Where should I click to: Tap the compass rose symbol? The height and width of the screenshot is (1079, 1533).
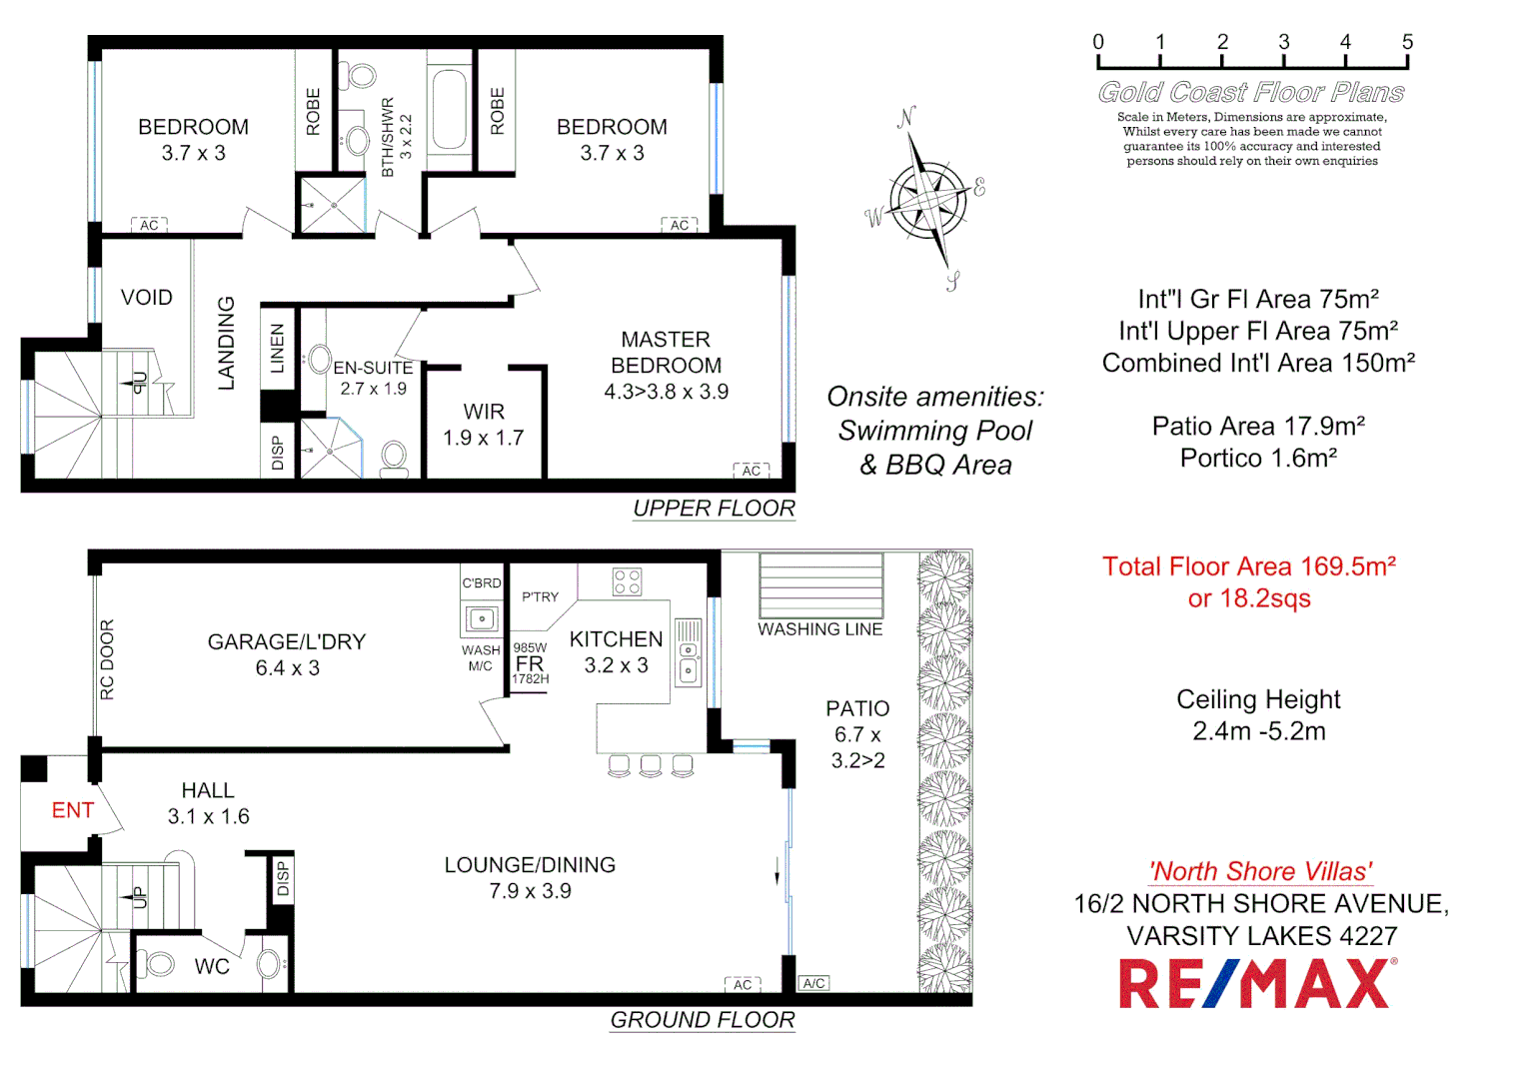[x=928, y=197]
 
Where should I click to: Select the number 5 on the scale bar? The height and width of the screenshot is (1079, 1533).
[x=1407, y=42]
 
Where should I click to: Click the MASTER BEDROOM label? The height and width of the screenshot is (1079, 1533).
[x=666, y=353]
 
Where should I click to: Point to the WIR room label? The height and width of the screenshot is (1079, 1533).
[x=484, y=412]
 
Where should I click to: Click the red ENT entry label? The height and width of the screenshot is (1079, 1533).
[x=73, y=810]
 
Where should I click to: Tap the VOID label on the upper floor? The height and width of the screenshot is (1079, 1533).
[x=147, y=298]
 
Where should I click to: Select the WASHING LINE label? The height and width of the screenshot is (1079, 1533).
[x=819, y=629]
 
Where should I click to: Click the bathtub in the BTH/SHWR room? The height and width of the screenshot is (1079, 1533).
[x=450, y=110]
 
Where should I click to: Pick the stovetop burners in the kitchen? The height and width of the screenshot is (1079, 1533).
[x=627, y=581]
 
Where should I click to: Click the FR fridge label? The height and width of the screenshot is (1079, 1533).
[x=530, y=663]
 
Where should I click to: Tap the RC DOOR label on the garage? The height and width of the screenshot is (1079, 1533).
[x=107, y=659]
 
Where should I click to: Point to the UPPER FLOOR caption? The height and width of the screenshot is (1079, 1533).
[x=714, y=509]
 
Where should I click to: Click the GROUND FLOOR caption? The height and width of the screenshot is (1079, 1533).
[x=703, y=1020]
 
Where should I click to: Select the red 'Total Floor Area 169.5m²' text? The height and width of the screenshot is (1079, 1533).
[x=1248, y=567]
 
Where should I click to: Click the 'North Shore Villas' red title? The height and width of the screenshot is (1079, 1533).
[x=1260, y=871]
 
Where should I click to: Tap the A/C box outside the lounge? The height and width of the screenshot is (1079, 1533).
[x=814, y=983]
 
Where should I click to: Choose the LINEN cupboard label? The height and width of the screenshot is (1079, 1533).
[x=278, y=348]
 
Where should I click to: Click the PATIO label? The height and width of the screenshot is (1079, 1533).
[x=857, y=708]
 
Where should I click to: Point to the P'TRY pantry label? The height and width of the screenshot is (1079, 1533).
[x=540, y=597]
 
